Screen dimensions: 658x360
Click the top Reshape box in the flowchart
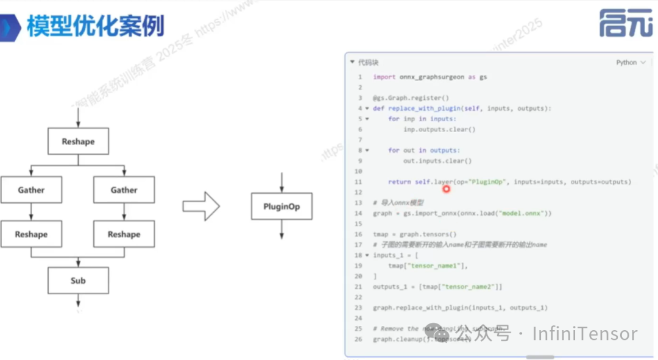pyautogui.click(x=78, y=142)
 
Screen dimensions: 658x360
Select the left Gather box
pyautogui.click(x=31, y=190)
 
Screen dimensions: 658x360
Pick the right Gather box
pyautogui.click(x=124, y=190)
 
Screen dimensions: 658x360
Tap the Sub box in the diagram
pyautogui.click(x=78, y=281)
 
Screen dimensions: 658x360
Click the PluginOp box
pyautogui.click(x=281, y=206)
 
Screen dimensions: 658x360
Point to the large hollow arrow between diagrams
pyautogui.click(x=201, y=206)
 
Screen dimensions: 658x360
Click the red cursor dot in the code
pyautogui.click(x=446, y=189)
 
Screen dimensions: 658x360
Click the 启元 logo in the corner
pyautogui.click(x=625, y=23)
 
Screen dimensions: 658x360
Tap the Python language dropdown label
pyautogui.click(x=626, y=63)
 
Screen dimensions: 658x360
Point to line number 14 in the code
pyautogui.click(x=358, y=213)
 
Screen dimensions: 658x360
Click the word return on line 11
pyautogui.click(x=399, y=182)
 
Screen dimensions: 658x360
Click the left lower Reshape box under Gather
pyautogui.click(x=31, y=235)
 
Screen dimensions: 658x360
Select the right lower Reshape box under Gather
pyautogui.click(x=124, y=235)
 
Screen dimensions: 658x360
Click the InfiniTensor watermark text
pyautogui.click(x=585, y=334)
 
